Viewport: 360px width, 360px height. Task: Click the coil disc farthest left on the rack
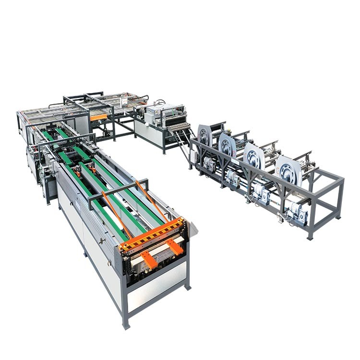click(x=205, y=136)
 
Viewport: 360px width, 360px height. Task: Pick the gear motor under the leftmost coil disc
click(x=209, y=164)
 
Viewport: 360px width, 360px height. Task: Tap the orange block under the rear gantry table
click(x=99, y=117)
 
